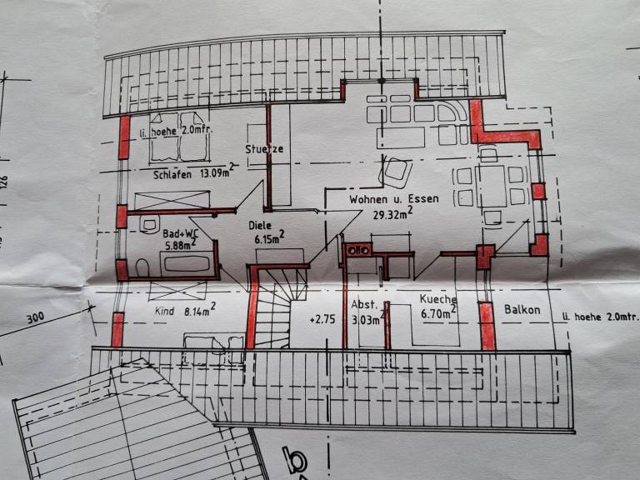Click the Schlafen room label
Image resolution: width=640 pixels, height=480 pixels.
pyautogui.click(x=172, y=175)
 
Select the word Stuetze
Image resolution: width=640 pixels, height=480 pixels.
pyautogui.click(x=264, y=148)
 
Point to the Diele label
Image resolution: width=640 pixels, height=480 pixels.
pyautogui.click(x=260, y=225)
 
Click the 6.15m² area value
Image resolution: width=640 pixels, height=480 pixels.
pyautogui.click(x=269, y=237)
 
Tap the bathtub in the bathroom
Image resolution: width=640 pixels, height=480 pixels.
pyautogui.click(x=187, y=263)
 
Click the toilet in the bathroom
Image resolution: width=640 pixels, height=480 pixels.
pyautogui.click(x=142, y=267)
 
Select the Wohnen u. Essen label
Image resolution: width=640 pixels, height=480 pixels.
pyautogui.click(x=394, y=199)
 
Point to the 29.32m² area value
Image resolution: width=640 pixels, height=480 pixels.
pyautogui.click(x=392, y=213)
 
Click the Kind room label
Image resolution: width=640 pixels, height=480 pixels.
pyautogui.click(x=164, y=311)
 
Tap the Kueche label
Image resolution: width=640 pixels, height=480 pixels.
pyautogui.click(x=438, y=299)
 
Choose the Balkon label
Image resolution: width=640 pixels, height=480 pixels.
pyautogui.click(x=522, y=309)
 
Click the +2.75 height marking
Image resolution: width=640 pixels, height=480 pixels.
pyautogui.click(x=322, y=319)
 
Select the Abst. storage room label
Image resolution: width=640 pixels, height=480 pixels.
pyautogui.click(x=364, y=304)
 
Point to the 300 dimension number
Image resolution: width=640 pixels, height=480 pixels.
pyautogui.click(x=36, y=317)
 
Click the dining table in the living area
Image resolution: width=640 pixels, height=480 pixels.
pyautogui.click(x=491, y=186)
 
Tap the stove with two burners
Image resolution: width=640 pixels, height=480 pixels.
pyautogui.click(x=358, y=249)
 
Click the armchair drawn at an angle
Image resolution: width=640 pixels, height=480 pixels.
pyautogui.click(x=395, y=172)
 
